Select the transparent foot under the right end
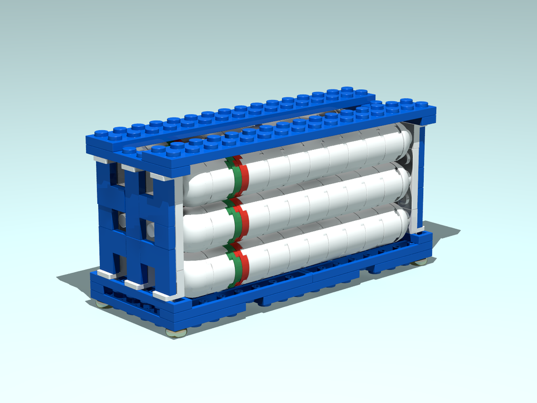coord(420,262)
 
